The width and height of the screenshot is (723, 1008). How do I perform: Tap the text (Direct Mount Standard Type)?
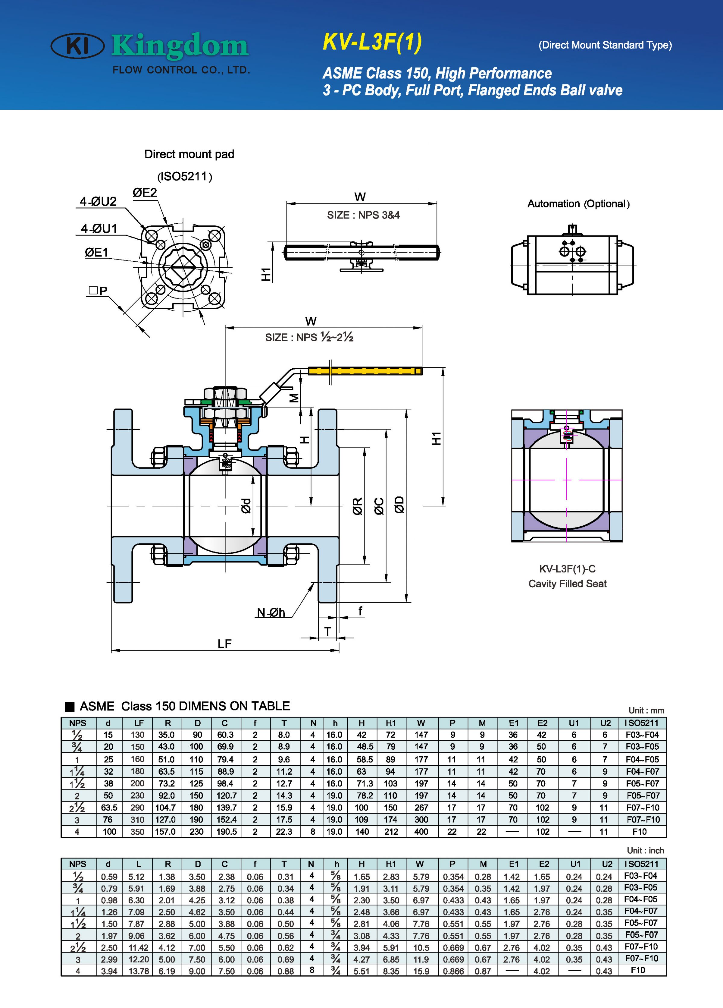point(605,45)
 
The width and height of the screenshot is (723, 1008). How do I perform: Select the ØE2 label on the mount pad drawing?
point(145,192)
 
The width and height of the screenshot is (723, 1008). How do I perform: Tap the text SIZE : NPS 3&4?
point(363,215)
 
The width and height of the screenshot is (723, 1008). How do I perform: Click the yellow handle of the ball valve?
point(364,371)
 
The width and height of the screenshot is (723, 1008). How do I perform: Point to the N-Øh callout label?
point(271,613)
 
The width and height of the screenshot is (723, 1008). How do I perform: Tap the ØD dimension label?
point(399,505)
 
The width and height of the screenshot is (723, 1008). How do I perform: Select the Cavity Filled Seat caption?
point(567,584)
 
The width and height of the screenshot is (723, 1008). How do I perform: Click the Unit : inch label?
point(645,850)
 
